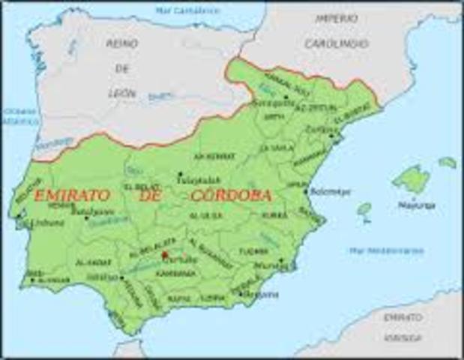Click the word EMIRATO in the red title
click(70, 195)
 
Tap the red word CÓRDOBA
click(232, 194)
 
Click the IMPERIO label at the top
click(337, 18)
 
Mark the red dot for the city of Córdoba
click(164, 255)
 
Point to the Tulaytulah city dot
click(180, 175)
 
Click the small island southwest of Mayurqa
click(365, 209)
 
